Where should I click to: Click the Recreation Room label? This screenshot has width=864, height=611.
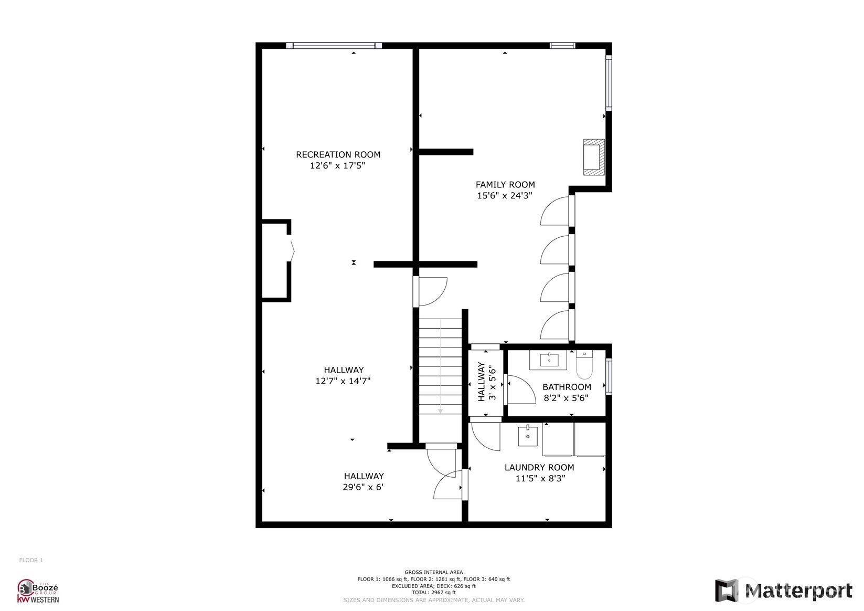338,155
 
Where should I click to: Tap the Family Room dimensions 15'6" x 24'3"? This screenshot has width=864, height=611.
505,196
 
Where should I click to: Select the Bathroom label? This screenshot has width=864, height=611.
567,387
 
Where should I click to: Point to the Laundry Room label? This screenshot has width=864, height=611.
539,467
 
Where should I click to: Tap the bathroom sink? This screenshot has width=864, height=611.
549,360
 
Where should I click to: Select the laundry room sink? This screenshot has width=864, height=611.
528,436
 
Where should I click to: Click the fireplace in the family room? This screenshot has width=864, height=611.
594,157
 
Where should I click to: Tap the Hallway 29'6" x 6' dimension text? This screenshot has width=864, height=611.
363,487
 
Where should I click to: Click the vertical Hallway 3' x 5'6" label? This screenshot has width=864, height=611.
486,382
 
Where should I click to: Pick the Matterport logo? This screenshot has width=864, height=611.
783,591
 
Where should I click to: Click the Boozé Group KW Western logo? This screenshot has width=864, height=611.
38,591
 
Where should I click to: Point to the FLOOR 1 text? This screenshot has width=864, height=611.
31,560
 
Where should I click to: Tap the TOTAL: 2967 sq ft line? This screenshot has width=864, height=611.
433,593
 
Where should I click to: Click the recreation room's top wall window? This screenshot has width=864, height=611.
334,46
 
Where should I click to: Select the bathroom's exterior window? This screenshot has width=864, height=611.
609,377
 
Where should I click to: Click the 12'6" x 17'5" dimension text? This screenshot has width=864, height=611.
337,166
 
